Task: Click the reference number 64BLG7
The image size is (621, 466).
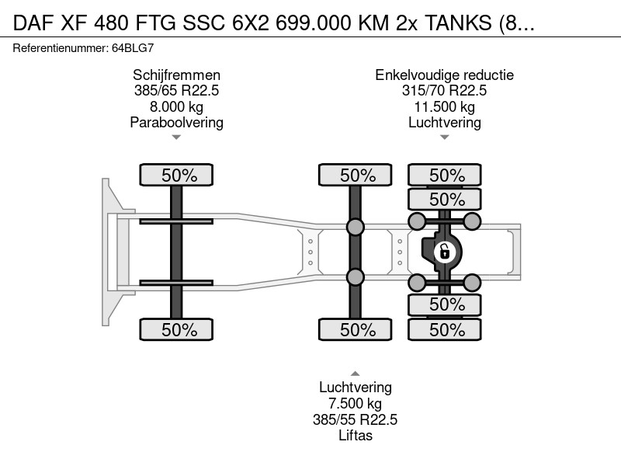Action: (x=133, y=48)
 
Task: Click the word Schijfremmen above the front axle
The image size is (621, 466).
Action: (x=177, y=75)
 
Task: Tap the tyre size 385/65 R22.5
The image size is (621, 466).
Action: (x=177, y=90)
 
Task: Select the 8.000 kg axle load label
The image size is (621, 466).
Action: (x=177, y=106)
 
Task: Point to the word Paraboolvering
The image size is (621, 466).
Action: (x=177, y=123)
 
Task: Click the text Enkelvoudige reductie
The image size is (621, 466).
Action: (x=444, y=75)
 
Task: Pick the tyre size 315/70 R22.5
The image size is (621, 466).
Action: (x=444, y=90)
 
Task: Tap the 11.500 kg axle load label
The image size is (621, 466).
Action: (x=444, y=106)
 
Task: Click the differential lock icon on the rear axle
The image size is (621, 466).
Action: (x=444, y=252)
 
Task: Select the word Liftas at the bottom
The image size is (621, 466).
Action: (x=356, y=436)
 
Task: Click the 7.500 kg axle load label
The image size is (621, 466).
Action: (x=356, y=403)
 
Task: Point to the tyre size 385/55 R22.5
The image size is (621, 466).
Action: (x=356, y=419)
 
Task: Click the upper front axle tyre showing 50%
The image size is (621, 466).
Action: (x=176, y=175)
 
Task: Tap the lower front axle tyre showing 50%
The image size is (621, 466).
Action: (x=176, y=329)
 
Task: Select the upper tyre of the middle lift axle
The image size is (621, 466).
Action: (x=356, y=175)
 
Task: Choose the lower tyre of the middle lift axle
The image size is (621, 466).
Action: (x=356, y=329)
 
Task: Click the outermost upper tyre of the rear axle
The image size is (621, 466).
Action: (x=445, y=175)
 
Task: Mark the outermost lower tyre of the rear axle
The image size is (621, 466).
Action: (x=445, y=329)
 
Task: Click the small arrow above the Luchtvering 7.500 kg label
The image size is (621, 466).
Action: (x=356, y=374)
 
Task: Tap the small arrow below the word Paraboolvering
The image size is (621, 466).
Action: (x=176, y=137)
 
